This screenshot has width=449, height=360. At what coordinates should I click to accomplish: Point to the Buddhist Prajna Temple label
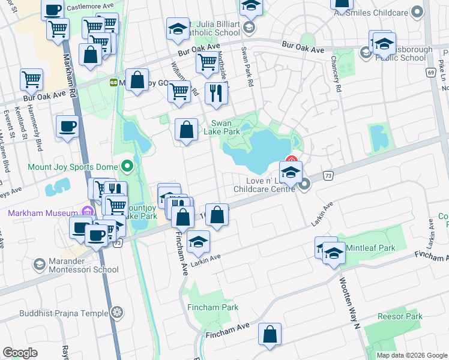[x=62, y=313]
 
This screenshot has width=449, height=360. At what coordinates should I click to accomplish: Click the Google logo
[x=20, y=353]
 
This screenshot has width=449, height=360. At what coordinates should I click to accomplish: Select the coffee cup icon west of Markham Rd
[x=67, y=127]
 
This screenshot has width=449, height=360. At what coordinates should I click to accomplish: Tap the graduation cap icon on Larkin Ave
[x=197, y=242]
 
